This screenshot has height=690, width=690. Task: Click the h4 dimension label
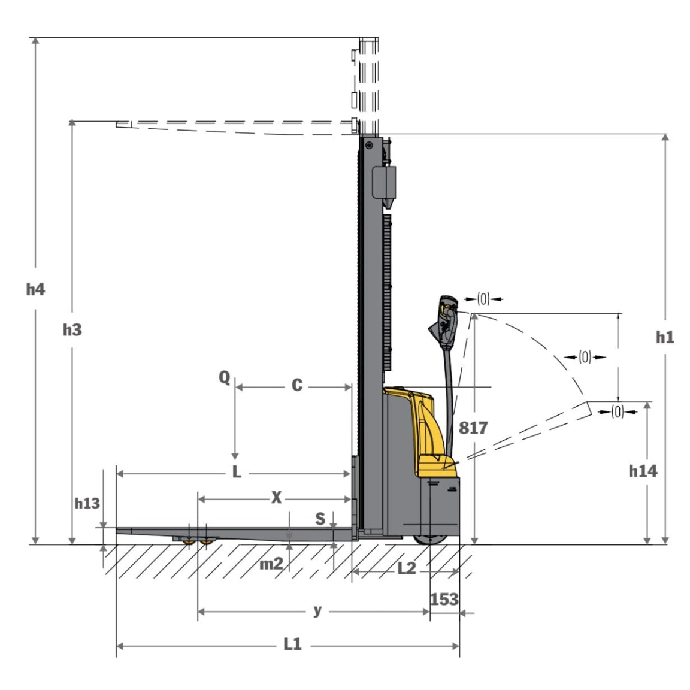(35, 289)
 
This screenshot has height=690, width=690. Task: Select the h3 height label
(72, 329)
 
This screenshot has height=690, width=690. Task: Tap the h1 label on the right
(664, 337)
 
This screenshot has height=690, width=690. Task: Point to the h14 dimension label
(643, 471)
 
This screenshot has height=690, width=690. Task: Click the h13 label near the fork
(87, 503)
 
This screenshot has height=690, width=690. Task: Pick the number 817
(473, 428)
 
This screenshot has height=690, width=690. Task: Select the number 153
(444, 599)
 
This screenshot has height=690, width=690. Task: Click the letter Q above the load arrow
(225, 377)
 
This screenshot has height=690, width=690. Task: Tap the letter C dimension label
(297, 385)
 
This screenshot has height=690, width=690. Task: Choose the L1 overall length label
(292, 644)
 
